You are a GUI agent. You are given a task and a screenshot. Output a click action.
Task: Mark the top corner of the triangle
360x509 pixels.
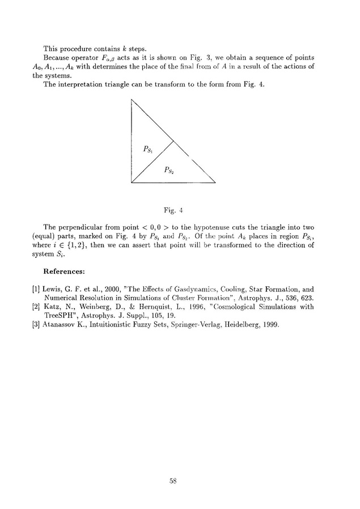(x=131, y=99)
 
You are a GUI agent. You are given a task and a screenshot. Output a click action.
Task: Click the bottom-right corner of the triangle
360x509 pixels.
(x=216, y=183)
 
